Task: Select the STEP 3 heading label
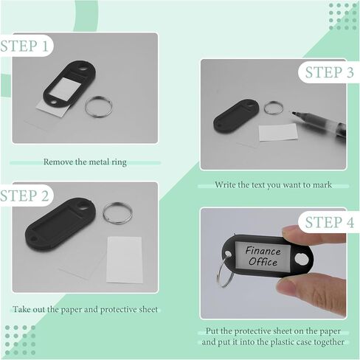tap(329, 72)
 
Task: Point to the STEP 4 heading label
tap(329, 221)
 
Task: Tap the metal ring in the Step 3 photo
tap(274, 106)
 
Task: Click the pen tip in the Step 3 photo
tap(297, 114)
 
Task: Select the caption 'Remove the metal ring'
tap(85, 162)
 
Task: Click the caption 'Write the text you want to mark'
tap(273, 184)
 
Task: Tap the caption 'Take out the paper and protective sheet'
tap(84, 308)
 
